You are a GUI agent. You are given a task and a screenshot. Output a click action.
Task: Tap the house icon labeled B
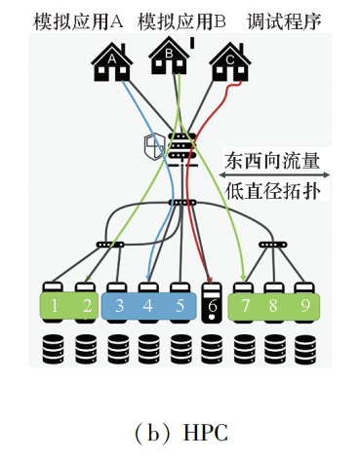[x=170, y=57]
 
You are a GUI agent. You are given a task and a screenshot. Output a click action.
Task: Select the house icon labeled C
[x=230, y=64]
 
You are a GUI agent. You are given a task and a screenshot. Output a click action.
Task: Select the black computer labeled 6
[x=211, y=303]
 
